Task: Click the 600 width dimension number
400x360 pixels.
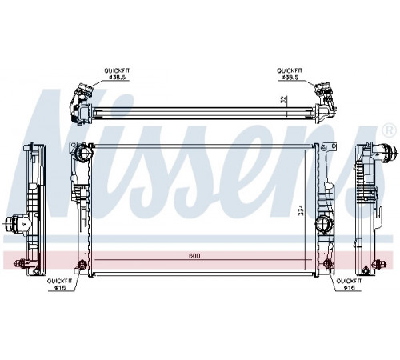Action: pos(194,256)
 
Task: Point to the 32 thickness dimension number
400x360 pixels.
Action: pos(284,100)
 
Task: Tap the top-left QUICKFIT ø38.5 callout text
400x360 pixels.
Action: pos(117,74)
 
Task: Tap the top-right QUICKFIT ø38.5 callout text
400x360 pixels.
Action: pos(290,74)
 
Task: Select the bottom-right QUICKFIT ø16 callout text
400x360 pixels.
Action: pos(349,284)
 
